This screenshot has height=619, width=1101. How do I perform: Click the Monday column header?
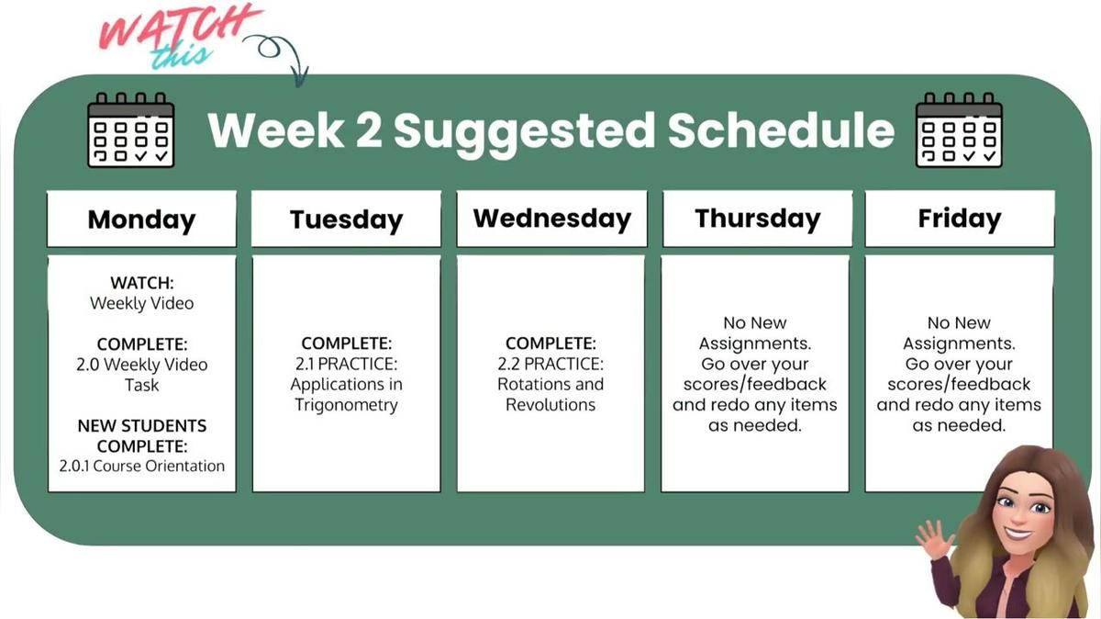[x=141, y=219]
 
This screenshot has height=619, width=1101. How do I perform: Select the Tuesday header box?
[x=346, y=219]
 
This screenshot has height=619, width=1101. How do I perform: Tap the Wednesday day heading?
[x=551, y=219]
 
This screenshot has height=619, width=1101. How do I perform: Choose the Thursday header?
[x=757, y=219]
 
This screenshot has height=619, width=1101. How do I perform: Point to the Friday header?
[x=959, y=219]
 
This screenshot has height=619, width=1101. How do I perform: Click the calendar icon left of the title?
[x=130, y=129]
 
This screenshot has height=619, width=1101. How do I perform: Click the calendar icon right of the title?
[x=960, y=129]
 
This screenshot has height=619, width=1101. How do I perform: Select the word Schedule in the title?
[x=780, y=130]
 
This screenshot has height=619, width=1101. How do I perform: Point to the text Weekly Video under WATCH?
[x=141, y=303]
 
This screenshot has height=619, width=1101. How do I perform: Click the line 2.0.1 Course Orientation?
[x=141, y=466]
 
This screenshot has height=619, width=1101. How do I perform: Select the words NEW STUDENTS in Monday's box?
[x=141, y=426]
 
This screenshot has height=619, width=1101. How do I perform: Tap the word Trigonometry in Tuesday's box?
[x=346, y=405]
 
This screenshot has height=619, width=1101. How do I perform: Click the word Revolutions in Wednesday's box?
[x=550, y=405]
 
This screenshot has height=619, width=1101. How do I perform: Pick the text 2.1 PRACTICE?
[x=346, y=365]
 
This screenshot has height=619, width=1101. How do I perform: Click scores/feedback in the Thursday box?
[x=754, y=385]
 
